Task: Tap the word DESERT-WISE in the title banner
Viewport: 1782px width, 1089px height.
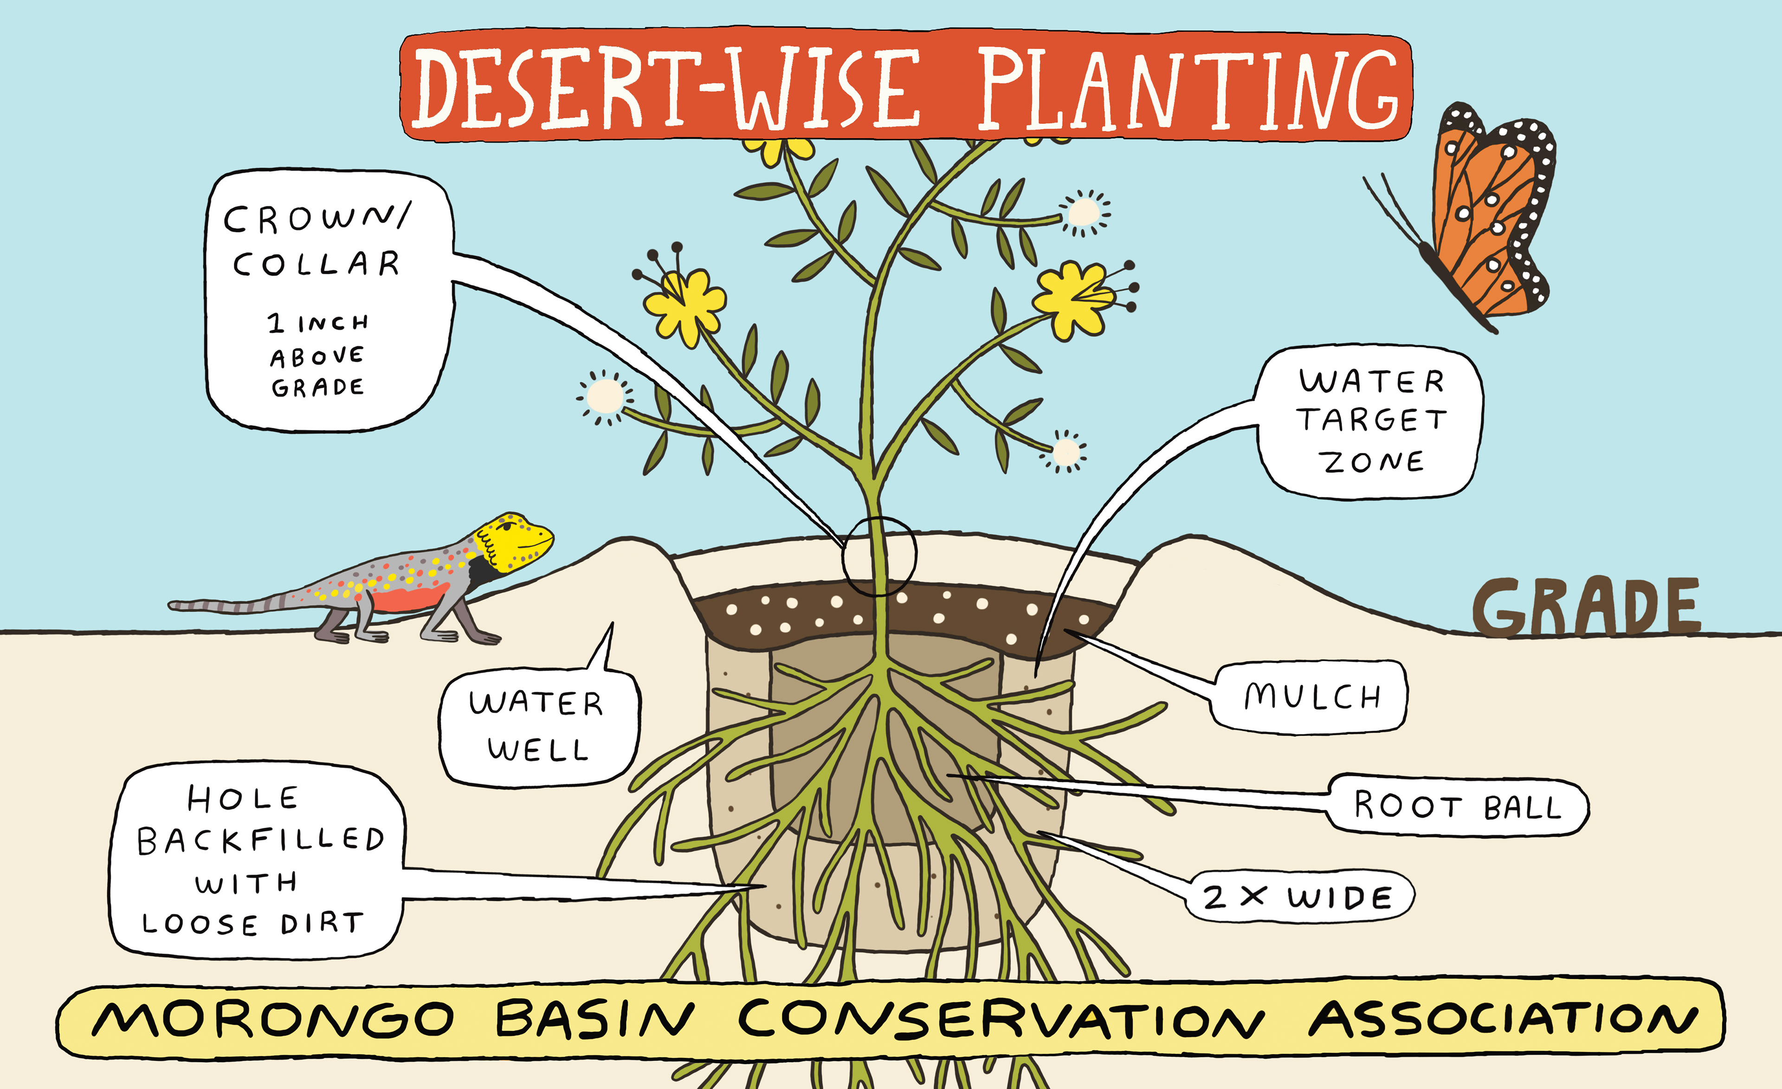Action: pos(665,90)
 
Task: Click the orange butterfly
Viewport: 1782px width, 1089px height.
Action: pos(1483,217)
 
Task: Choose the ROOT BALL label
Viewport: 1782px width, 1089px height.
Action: pos(1457,806)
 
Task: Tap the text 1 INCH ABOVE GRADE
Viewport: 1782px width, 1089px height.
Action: pos(318,355)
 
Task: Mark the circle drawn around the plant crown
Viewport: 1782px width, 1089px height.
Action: pos(879,555)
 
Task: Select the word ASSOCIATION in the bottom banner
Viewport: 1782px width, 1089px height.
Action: pos(1504,1019)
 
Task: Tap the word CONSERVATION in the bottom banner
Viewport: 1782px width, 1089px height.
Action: pos(1001,1019)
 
